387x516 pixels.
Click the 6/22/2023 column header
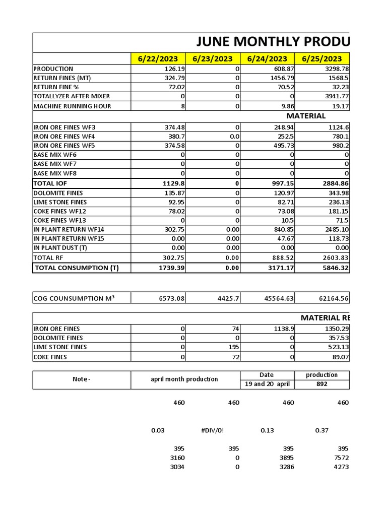[x=158, y=59]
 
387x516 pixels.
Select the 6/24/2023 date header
[x=267, y=59]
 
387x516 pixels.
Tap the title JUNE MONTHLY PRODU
[x=272, y=42]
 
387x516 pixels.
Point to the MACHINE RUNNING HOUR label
[x=72, y=106]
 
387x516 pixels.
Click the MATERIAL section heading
[x=306, y=116]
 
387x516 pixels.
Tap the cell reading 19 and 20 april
[x=267, y=384]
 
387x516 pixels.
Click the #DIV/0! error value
[x=212, y=430]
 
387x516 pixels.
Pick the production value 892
[x=322, y=384]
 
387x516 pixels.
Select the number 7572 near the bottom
[x=341, y=458]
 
